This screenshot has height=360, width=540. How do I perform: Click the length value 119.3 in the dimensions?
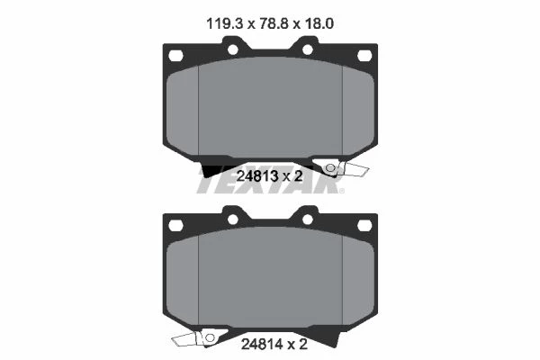(224, 23)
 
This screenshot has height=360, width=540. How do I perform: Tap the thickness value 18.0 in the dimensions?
(319, 23)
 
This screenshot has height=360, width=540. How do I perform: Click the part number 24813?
(257, 176)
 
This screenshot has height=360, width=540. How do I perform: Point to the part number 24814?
(262, 344)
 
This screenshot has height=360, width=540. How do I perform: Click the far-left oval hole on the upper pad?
(175, 56)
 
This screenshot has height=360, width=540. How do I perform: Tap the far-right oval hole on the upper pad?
(364, 56)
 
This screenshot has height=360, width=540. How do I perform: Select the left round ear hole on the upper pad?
(233, 49)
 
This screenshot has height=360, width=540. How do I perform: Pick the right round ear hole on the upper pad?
(308, 49)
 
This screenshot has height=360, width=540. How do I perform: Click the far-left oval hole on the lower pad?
(175, 226)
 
